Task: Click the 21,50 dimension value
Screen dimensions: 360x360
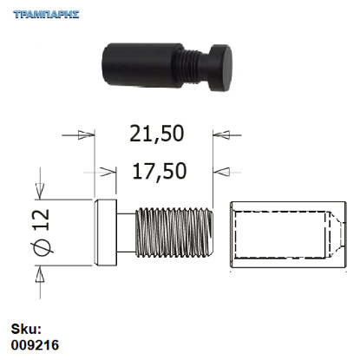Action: (157, 134)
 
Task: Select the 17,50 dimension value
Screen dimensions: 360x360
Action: (160, 171)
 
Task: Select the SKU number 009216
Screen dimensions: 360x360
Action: (35, 344)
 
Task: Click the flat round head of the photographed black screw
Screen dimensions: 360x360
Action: (226, 69)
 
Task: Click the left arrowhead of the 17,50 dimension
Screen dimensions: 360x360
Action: (108, 170)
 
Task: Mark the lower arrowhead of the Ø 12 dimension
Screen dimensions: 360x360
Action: (39, 274)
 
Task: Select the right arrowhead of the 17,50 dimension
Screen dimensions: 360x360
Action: (222, 170)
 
